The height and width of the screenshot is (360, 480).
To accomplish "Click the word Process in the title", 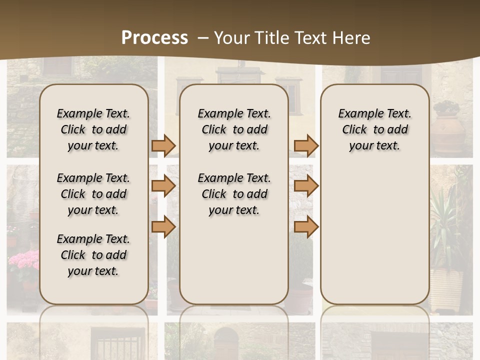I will pyautogui.click(x=154, y=38).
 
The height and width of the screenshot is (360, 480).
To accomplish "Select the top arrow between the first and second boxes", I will pyautogui.click(x=163, y=145).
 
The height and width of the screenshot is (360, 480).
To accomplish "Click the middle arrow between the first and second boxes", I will pyautogui.click(x=163, y=186).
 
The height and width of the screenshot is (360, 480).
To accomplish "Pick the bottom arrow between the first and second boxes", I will pyautogui.click(x=163, y=226).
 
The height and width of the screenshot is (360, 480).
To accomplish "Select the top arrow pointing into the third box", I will pyautogui.click(x=306, y=145).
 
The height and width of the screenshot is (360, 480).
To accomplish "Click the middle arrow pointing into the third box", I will pyautogui.click(x=306, y=186).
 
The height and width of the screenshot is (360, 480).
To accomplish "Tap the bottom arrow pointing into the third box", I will pyautogui.click(x=306, y=226).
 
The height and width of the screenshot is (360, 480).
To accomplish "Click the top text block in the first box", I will pyautogui.click(x=93, y=129).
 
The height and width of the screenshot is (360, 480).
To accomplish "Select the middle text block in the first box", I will pyautogui.click(x=93, y=194).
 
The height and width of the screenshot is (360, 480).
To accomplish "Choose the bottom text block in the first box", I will pyautogui.click(x=93, y=255).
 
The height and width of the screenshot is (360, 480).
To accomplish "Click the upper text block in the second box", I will pyautogui.click(x=234, y=129).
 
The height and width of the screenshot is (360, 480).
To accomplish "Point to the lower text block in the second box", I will pyautogui.click(x=234, y=194).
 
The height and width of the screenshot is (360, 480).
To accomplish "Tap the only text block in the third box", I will pyautogui.click(x=374, y=129).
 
